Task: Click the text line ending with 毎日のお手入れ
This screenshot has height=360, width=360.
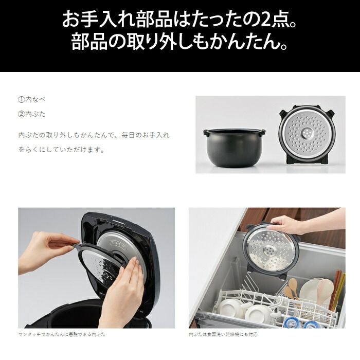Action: pos(94,134)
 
